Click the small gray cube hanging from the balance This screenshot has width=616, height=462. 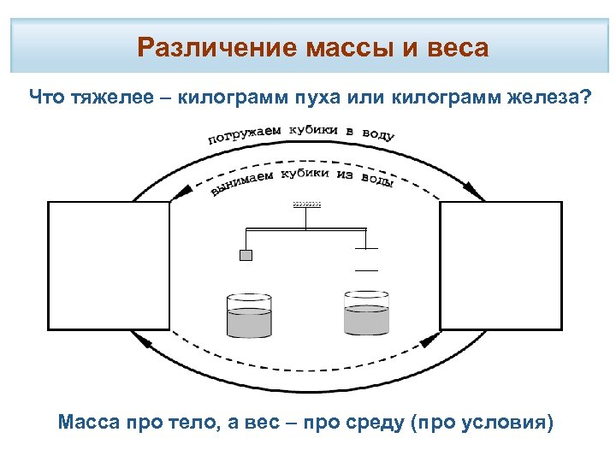click(246, 255)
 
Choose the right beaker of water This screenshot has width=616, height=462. click(366, 312)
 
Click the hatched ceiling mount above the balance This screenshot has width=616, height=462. click(306, 205)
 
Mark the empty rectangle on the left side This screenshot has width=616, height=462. click(109, 265)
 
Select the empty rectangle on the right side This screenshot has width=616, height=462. click(501, 265)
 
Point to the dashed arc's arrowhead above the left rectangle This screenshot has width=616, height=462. click(179, 195)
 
